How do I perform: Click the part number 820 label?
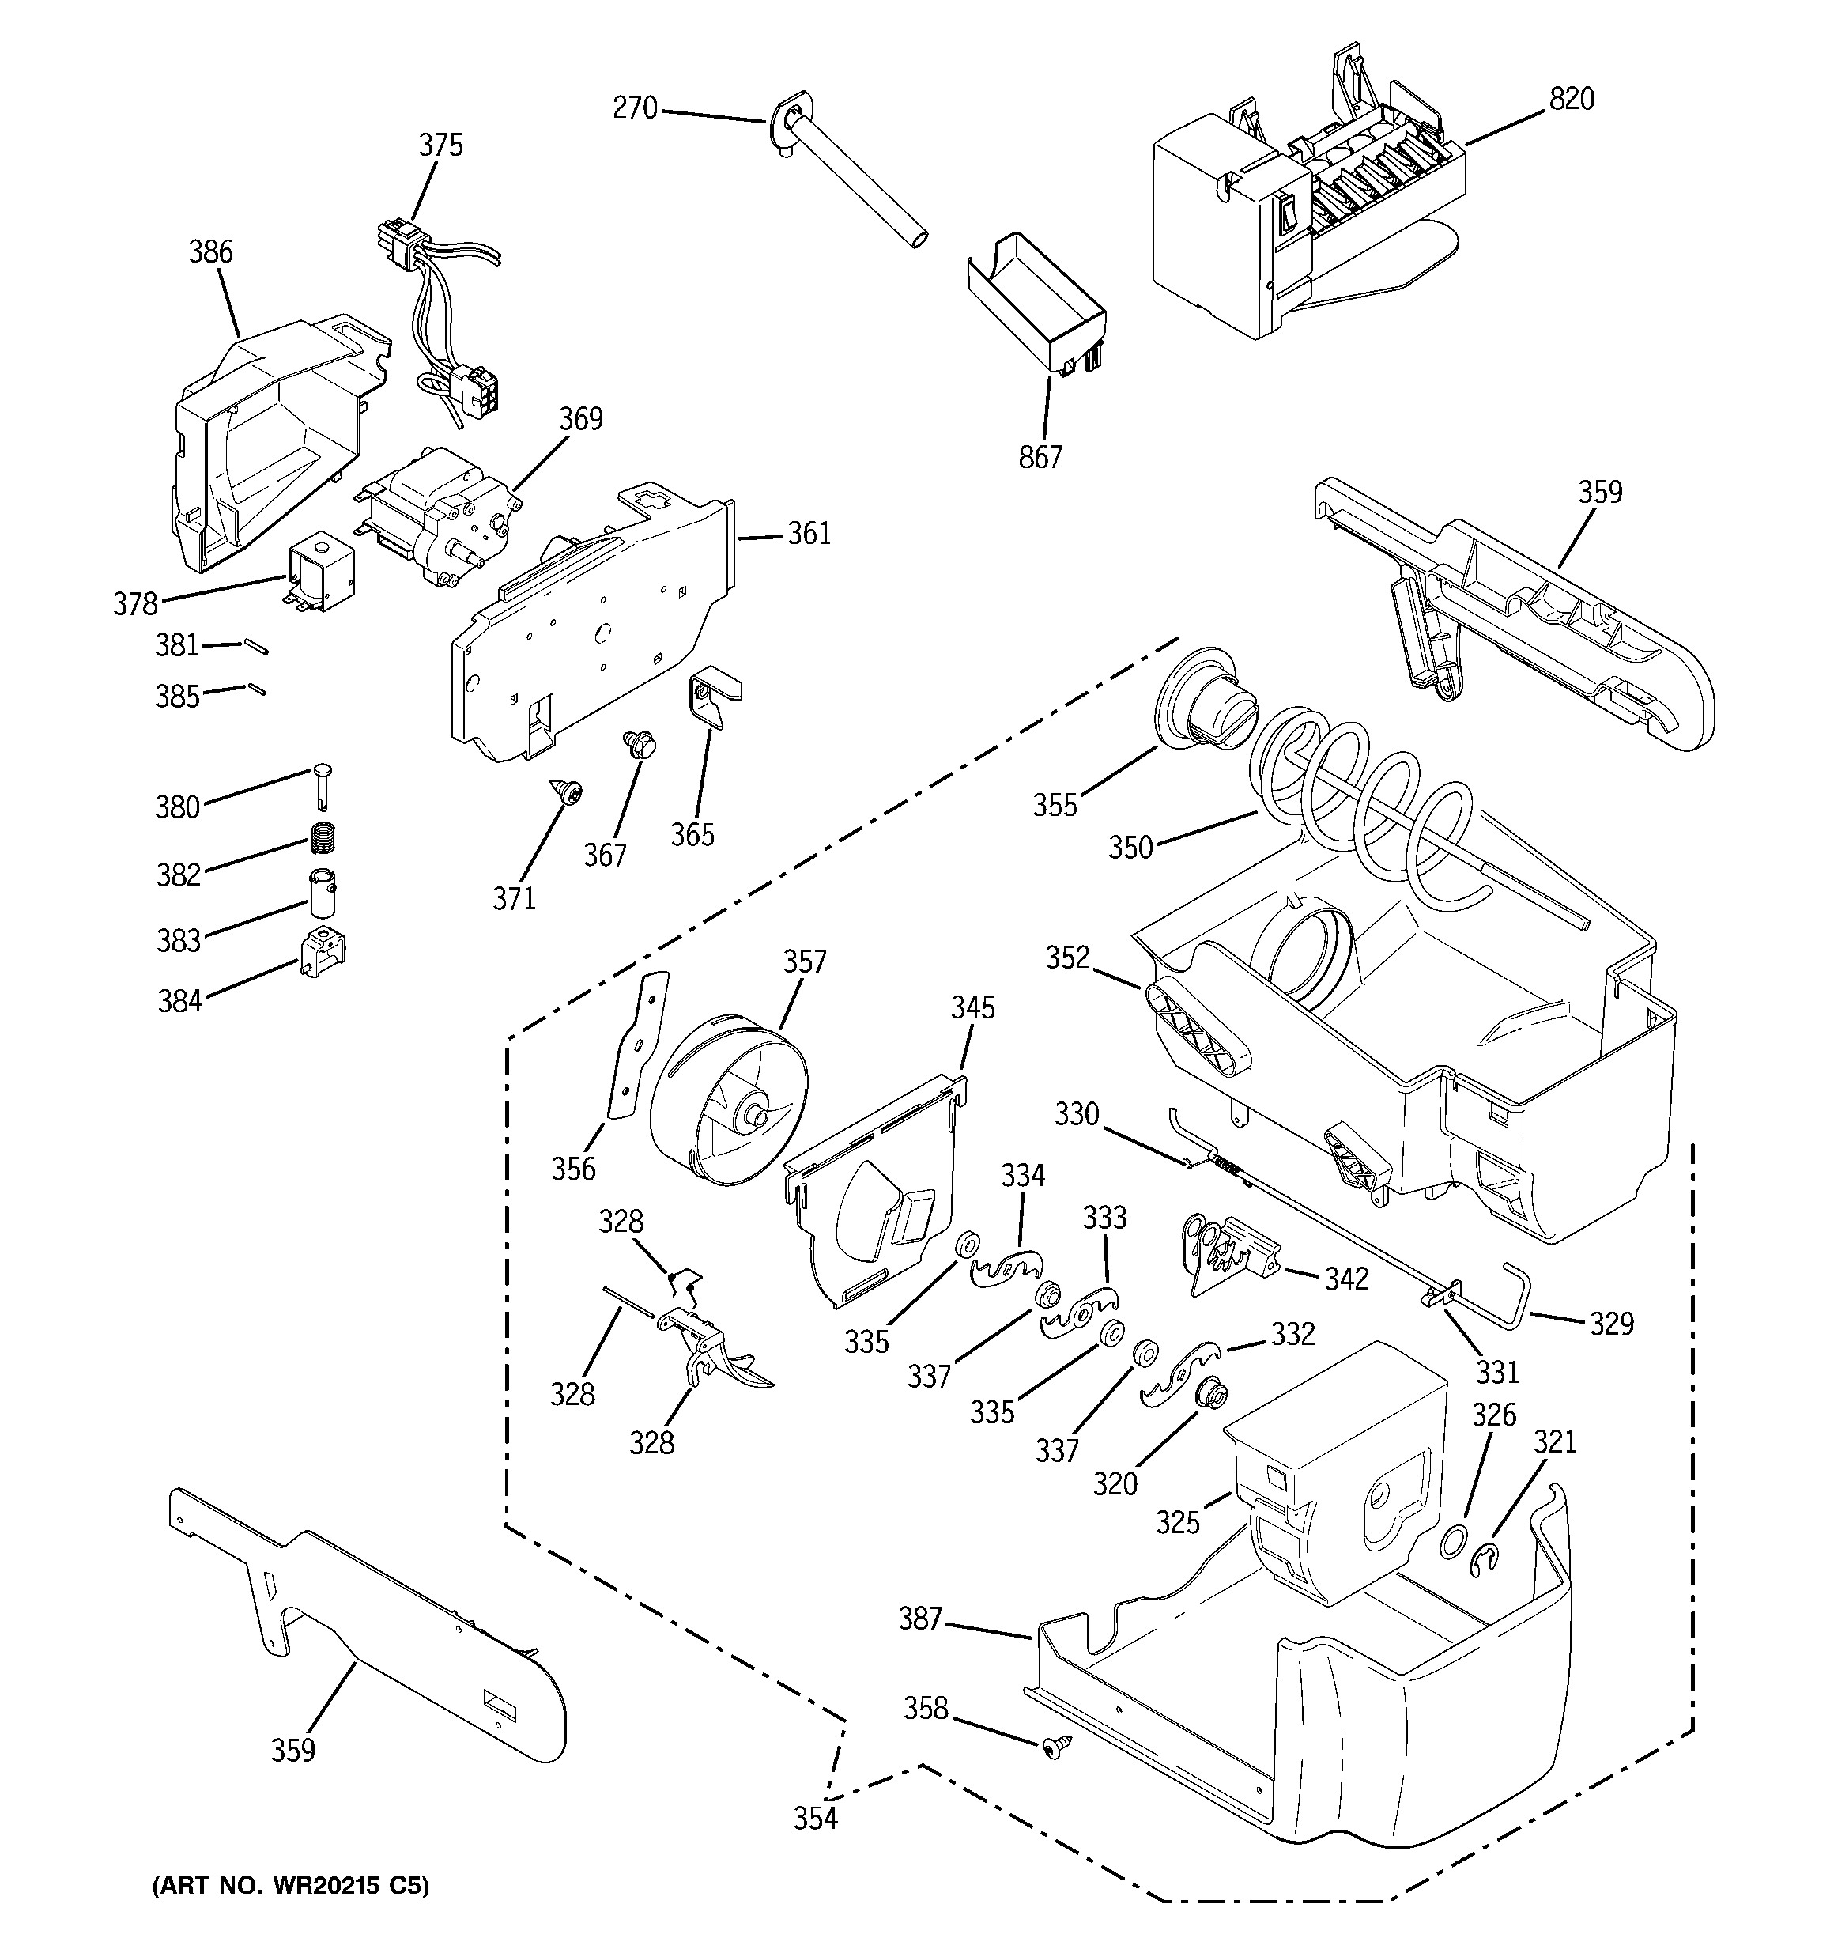1572,100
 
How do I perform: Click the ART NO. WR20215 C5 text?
292,1886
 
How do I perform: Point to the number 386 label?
210,252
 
